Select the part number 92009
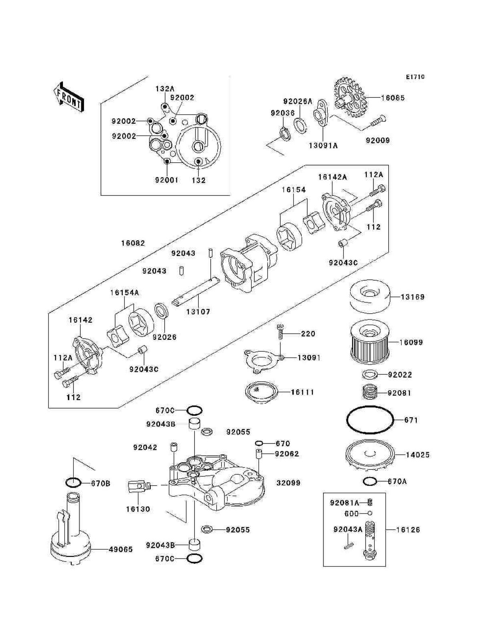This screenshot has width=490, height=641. click(x=377, y=141)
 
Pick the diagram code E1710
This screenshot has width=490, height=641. click(x=415, y=77)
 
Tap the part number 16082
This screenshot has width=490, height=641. click(x=133, y=243)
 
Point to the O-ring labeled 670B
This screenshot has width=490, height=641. click(x=73, y=483)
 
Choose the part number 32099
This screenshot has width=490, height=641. click(x=288, y=483)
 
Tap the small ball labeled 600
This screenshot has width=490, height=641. click(x=370, y=513)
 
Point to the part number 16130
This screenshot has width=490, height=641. click(x=138, y=509)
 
